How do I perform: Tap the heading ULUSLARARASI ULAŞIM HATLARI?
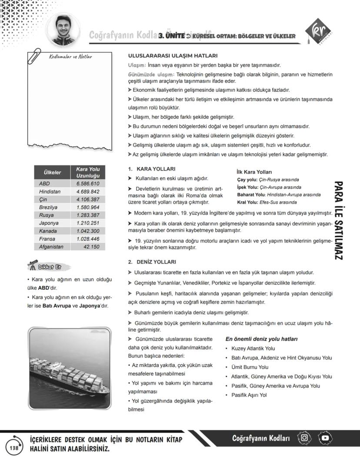click(x=173, y=56)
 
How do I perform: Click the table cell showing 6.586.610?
click(x=85, y=184)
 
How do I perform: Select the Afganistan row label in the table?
click(x=51, y=247)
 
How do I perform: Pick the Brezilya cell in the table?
click(x=48, y=207)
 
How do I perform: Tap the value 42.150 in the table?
click(x=91, y=247)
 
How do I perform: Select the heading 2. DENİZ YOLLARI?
click(x=152, y=262)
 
